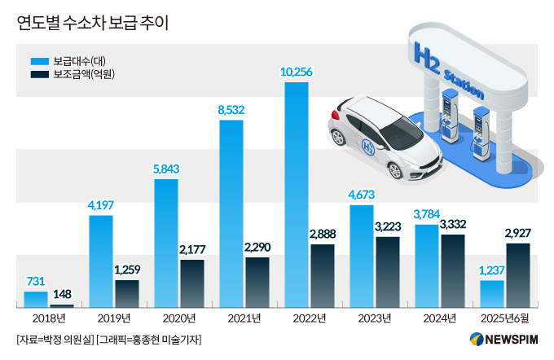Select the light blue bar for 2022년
(297, 195)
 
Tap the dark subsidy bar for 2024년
(452, 270)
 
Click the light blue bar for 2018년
(36, 299)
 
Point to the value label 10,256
(297, 72)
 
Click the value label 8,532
(231, 110)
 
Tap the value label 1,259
(127, 270)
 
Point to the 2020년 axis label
(179, 318)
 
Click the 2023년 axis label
(375, 318)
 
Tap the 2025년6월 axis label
(505, 318)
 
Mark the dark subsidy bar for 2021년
(257, 282)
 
